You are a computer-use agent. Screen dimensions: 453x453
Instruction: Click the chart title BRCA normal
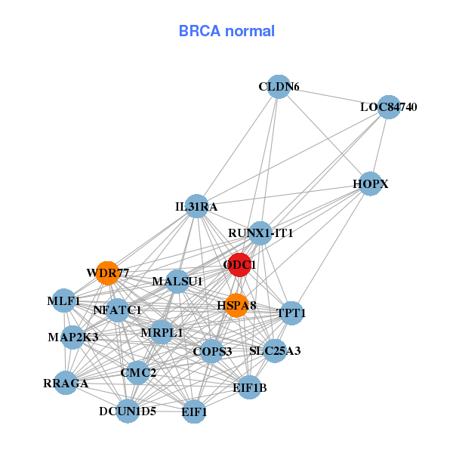point(226,31)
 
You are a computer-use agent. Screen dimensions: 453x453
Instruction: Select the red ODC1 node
point(240,265)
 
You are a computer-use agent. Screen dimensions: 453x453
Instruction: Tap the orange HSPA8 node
point(237,305)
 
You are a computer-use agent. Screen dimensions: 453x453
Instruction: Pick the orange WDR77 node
point(108,273)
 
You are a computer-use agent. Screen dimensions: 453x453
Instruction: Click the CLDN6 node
point(279,87)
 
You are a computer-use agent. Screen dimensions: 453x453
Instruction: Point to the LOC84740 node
point(388,106)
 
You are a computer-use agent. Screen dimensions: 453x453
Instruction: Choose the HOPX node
point(370,183)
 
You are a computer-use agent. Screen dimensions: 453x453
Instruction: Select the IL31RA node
point(196,206)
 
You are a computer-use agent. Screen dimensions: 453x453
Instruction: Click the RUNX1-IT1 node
point(260,233)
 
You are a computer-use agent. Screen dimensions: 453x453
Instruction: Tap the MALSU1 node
point(177,282)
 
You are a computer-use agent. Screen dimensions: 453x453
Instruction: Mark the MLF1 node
point(64,301)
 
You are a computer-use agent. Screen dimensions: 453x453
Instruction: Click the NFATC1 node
point(117,310)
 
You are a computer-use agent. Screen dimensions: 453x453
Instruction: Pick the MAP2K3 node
point(72,337)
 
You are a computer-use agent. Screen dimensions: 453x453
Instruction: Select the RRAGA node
point(66,383)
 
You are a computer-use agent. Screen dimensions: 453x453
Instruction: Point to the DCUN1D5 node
point(128,411)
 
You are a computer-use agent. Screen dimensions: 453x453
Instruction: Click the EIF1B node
point(249,388)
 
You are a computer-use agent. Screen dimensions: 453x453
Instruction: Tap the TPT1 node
point(291,312)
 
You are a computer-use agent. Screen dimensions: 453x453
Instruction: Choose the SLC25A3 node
point(275,350)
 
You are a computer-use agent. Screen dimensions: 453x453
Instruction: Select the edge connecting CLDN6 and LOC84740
point(333,97)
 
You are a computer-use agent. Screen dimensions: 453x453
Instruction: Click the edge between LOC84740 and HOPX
point(379,145)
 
